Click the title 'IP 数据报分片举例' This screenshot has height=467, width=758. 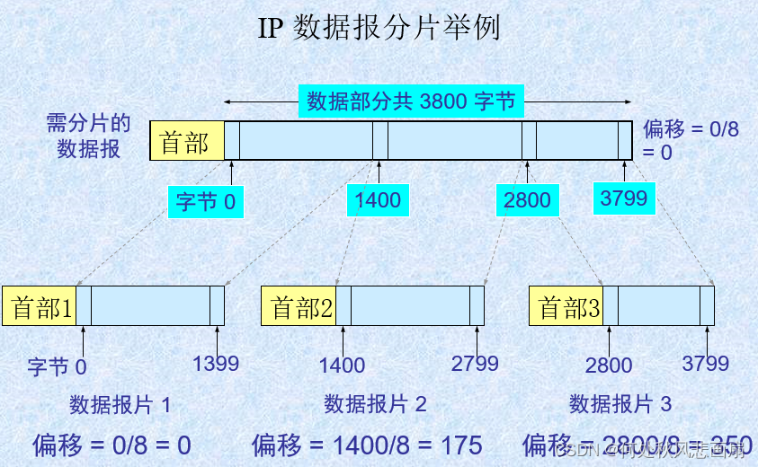click(x=379, y=28)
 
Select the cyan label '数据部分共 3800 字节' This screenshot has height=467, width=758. click(x=412, y=101)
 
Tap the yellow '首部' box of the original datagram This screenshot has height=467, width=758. click(x=186, y=142)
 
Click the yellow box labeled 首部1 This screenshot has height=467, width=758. click(x=40, y=307)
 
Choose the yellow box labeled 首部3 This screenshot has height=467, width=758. click(x=566, y=307)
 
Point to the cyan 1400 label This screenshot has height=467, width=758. click(x=378, y=199)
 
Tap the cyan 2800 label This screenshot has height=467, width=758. click(x=527, y=199)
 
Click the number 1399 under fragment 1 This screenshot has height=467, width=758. click(x=216, y=364)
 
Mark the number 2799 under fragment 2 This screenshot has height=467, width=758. click(x=475, y=364)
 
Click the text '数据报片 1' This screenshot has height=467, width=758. click(x=120, y=404)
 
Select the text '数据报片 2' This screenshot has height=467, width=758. click(x=375, y=404)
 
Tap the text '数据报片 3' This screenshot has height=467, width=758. click(x=620, y=404)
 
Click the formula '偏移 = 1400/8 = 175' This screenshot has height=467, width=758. click(x=367, y=444)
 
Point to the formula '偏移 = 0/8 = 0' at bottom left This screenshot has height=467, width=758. click(x=111, y=444)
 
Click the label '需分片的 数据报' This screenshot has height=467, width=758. click(x=89, y=136)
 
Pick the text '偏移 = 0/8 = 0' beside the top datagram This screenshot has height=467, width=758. click(x=691, y=140)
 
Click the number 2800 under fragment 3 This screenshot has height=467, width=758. click(x=609, y=366)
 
